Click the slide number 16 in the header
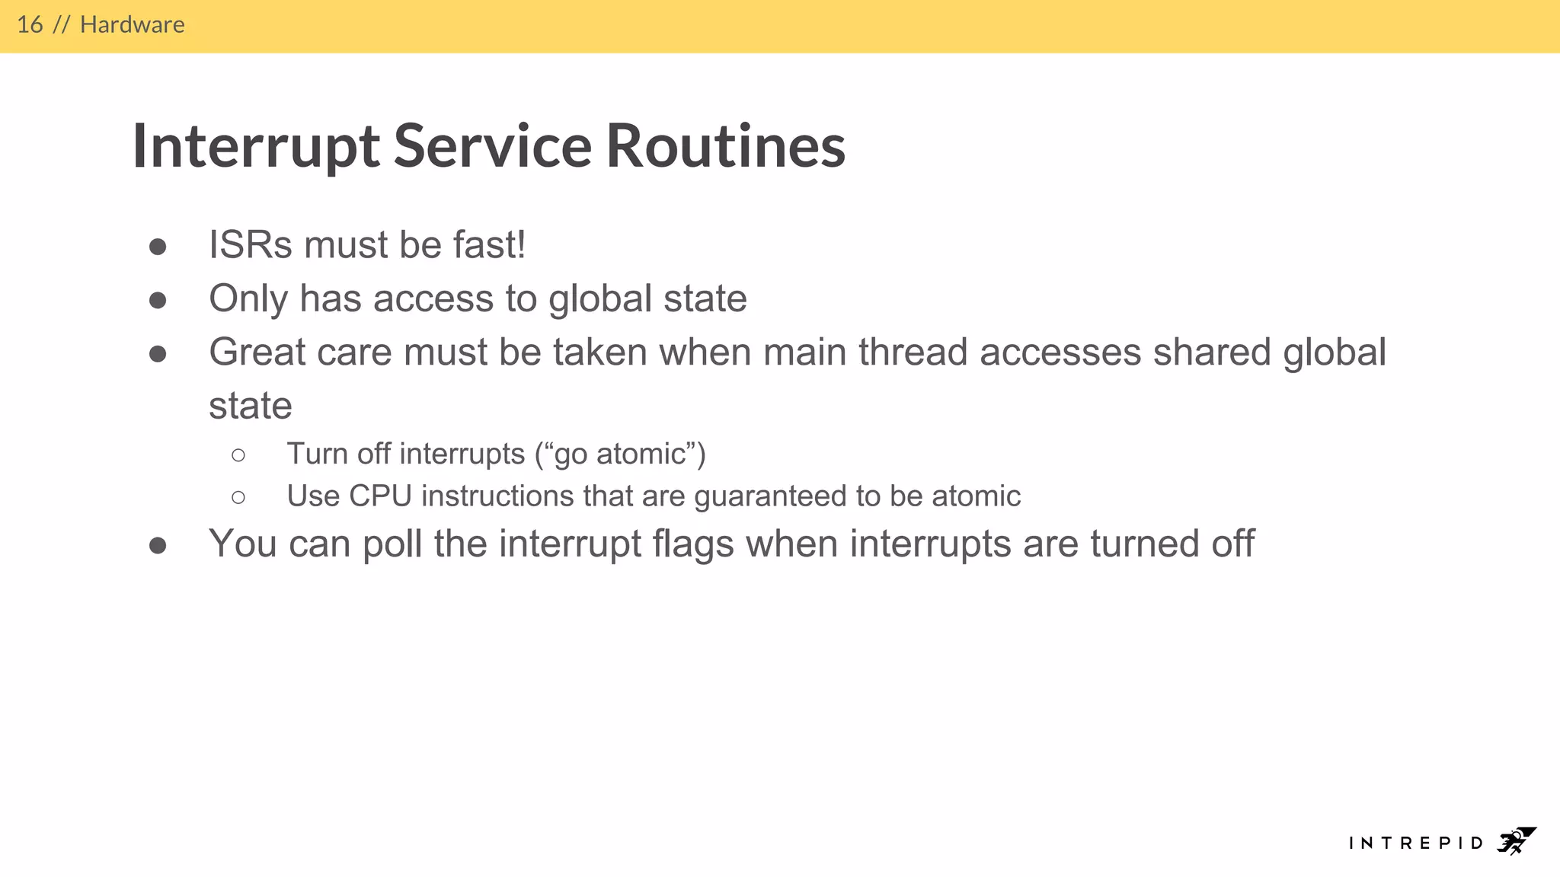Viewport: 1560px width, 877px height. (x=30, y=25)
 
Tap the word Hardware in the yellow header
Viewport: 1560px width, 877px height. (x=132, y=25)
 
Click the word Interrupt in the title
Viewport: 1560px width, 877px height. (x=255, y=146)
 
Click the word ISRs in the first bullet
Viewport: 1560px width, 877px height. (x=251, y=245)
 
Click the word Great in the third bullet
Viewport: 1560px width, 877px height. (x=257, y=352)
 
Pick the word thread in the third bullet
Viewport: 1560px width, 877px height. (x=913, y=352)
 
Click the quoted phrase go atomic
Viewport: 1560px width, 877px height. (x=620, y=454)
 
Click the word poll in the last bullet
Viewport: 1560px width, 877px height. (x=392, y=544)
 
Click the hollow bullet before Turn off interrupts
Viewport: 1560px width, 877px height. (x=238, y=455)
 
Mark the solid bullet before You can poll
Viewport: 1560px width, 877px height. (x=158, y=546)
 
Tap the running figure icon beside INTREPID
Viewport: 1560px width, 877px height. (x=1515, y=841)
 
